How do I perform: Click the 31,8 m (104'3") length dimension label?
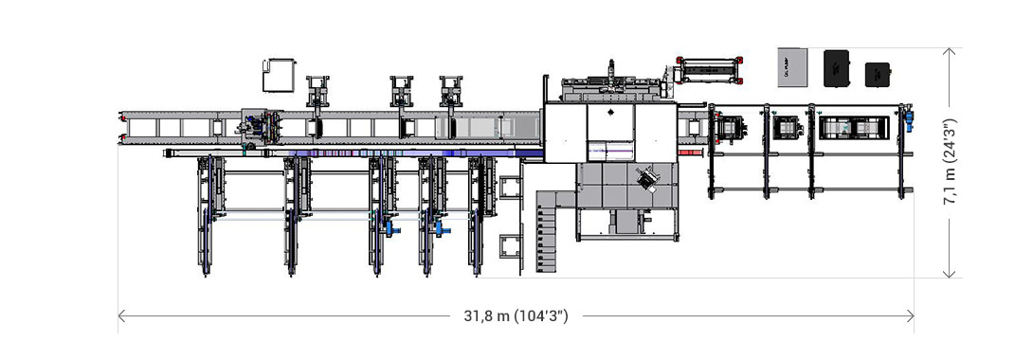pyautogui.click(x=516, y=315)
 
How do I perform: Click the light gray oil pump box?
pyautogui.click(x=793, y=66)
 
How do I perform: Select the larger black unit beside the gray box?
pyautogui.click(x=838, y=67)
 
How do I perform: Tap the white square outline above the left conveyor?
pyautogui.click(x=279, y=74)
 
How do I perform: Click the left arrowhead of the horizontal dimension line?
pyautogui.click(x=121, y=315)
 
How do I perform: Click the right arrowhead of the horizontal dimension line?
pyautogui.click(x=911, y=315)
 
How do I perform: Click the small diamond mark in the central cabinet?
pyautogui.click(x=610, y=111)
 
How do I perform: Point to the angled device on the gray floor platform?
pyautogui.click(x=650, y=180)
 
